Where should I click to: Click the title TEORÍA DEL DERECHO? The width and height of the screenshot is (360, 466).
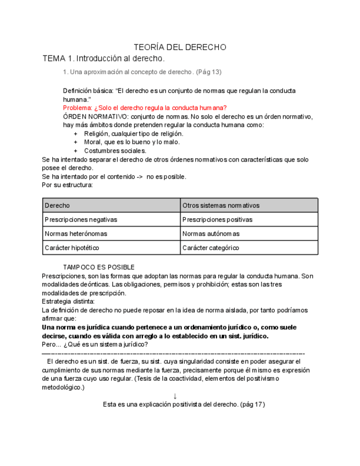tap(180, 47)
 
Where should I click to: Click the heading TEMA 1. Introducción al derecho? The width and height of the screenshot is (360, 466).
tap(103, 58)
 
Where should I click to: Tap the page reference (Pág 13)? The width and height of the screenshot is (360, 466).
tap(209, 72)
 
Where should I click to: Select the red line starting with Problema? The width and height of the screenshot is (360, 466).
tap(145, 108)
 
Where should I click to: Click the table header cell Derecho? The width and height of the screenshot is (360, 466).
tap(57, 206)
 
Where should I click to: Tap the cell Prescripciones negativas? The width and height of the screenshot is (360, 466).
tap(81, 219)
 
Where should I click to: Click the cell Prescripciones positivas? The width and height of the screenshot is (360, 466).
tap(218, 219)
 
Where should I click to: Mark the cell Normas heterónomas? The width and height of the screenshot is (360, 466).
tap(76, 234)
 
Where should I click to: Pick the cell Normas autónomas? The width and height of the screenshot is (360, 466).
tap(211, 234)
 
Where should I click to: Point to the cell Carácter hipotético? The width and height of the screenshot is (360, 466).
tap(72, 248)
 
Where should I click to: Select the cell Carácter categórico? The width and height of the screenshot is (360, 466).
tap(211, 248)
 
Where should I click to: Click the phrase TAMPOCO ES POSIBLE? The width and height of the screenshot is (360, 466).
tap(99, 267)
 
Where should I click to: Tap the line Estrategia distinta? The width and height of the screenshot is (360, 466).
tap(68, 301)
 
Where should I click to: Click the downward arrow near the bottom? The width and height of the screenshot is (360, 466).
tap(175, 396)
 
